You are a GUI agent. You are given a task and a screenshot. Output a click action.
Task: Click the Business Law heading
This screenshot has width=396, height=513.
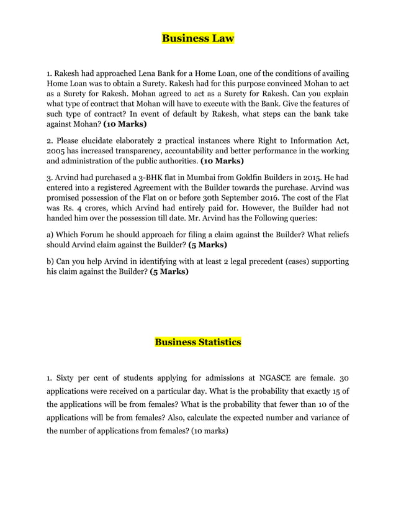(x=198, y=39)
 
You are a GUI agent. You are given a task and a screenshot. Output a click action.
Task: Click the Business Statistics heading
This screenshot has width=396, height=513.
(x=198, y=342)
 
